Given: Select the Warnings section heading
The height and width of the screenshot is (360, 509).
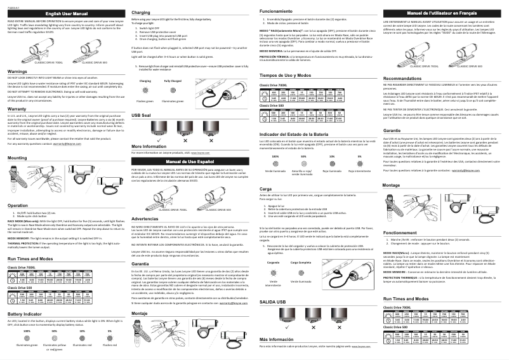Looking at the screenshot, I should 18,72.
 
